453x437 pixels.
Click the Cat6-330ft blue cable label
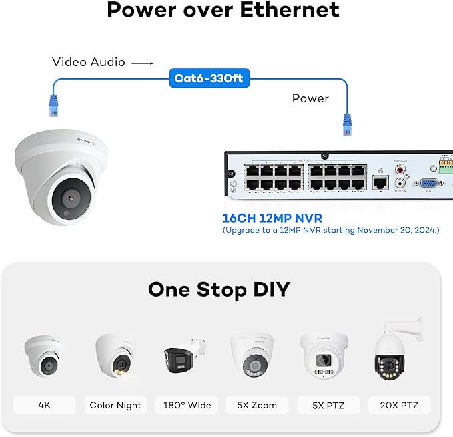(209, 79)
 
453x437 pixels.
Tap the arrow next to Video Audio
(142, 63)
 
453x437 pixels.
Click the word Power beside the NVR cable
(310, 98)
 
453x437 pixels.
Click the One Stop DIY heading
(219, 289)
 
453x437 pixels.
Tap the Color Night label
(115, 405)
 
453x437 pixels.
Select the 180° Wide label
(187, 405)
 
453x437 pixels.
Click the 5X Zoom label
(256, 405)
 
